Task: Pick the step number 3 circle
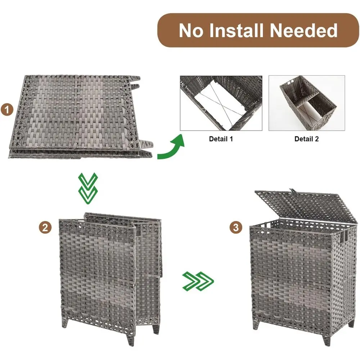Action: (x=236, y=227)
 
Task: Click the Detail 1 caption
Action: (x=221, y=139)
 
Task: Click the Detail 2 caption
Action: (x=306, y=139)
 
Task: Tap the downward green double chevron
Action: (x=88, y=187)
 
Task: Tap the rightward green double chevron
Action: (x=198, y=281)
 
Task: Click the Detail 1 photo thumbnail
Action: (x=221, y=103)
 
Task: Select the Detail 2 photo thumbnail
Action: (x=307, y=103)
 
